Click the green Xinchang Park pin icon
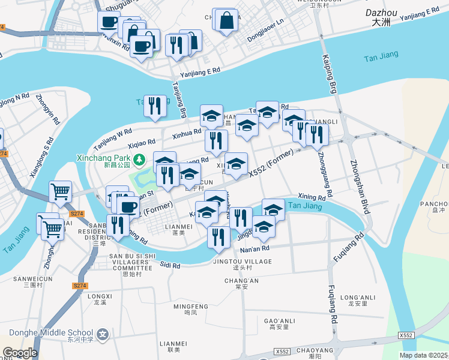click(x=139, y=160)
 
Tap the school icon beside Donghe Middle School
click(x=103, y=333)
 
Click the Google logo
click(x=19, y=353)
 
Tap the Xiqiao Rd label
click(x=142, y=143)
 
